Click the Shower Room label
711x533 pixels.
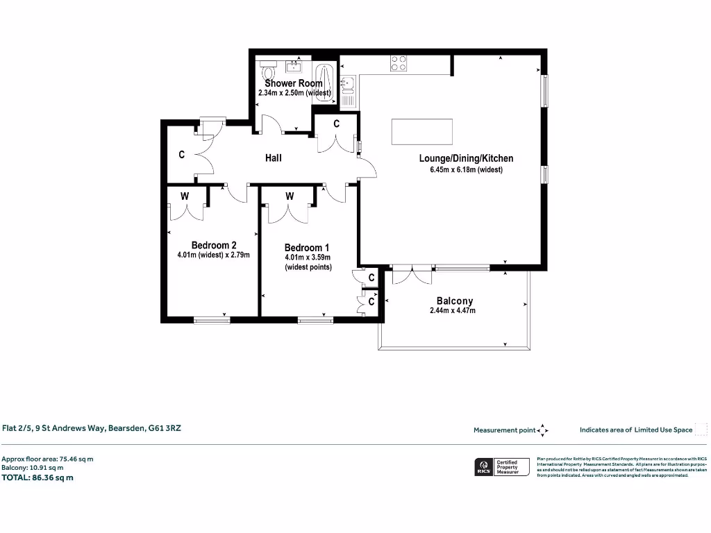coord(294,83)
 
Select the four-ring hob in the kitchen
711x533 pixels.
coord(399,63)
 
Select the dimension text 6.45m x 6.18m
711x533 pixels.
coord(461,169)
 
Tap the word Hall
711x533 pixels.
coord(274,158)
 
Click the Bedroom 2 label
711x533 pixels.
coord(214,244)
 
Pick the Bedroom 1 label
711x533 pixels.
coord(307,247)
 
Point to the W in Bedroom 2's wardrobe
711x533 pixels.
coord(185,196)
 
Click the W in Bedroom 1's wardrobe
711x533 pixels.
coord(290,196)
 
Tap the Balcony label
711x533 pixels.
coord(455,301)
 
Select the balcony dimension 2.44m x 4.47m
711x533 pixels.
coord(453,311)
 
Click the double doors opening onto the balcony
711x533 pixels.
coord(412,275)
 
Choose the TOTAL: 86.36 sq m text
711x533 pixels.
coord(38,477)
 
